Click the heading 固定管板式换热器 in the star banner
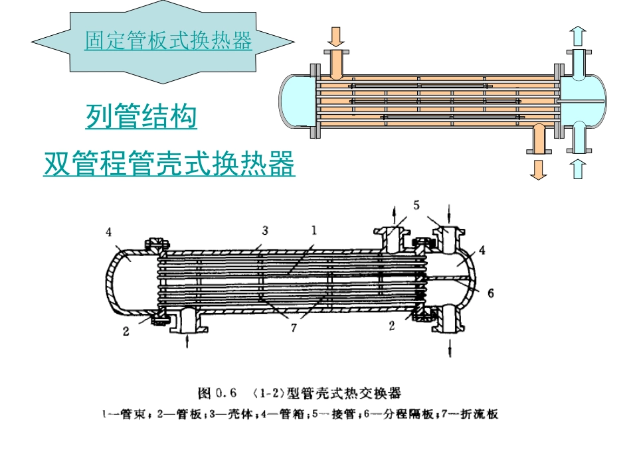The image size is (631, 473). coord(168,40)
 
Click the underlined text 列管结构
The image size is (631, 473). coord(141,116)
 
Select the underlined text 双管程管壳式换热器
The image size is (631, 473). coord(169,164)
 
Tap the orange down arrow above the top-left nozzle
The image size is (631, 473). coord(336,37)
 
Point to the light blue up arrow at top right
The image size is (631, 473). coord(579,36)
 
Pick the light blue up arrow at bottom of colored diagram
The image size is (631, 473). coord(579,169)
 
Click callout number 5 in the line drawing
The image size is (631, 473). coord(416,206)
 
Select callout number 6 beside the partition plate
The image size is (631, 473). coord(491,293)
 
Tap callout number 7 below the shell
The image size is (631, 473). coord(294,328)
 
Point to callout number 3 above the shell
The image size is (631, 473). coord(265,231)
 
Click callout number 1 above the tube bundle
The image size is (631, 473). coord(314,230)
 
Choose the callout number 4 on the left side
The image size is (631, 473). coord(109,232)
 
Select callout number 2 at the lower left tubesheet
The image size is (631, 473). coord(126,332)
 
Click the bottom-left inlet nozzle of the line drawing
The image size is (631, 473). coord(189,320)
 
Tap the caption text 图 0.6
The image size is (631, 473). coord(217,392)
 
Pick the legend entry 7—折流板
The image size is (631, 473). coord(470,414)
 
